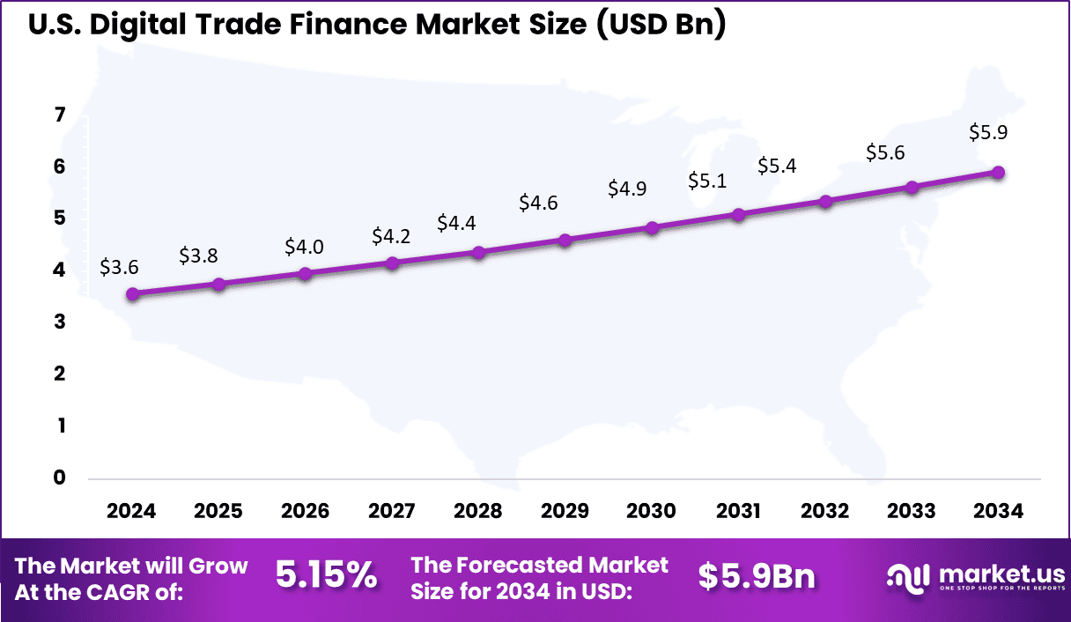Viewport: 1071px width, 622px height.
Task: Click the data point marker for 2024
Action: pos(132,294)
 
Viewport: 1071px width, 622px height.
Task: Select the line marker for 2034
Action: pos(998,173)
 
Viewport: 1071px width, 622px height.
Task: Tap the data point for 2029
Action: pos(565,241)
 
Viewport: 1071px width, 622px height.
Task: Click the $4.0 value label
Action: pos(304,247)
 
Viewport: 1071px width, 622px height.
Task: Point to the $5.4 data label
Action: pos(777,166)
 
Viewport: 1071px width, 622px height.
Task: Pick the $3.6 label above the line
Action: pos(119,267)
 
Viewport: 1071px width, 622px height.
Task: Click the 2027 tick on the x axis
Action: pos(391,512)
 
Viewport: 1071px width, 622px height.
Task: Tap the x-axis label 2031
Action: pos(738,512)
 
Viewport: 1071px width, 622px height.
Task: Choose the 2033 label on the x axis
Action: pos(912,512)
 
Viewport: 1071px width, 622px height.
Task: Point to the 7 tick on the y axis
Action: pos(60,115)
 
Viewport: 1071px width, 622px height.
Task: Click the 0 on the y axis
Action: pos(60,478)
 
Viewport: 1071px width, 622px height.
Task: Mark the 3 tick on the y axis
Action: pos(60,322)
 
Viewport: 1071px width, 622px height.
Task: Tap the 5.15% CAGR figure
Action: pos(326,576)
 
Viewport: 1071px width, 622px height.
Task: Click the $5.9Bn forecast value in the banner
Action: pos(757,576)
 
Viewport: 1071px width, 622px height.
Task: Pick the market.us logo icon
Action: pos(908,577)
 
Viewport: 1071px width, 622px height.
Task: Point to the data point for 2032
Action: pos(825,202)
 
